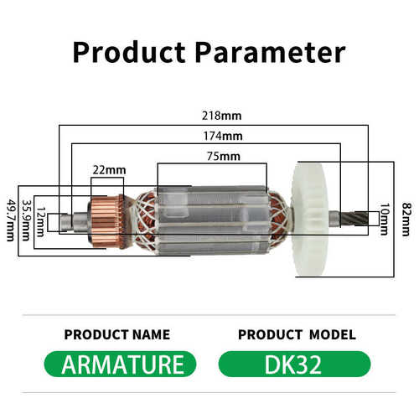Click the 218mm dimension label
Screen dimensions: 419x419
pyautogui.click(x=222, y=116)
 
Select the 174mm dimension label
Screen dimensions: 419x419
pyautogui.click(x=223, y=136)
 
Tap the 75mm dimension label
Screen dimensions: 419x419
pyautogui.click(x=224, y=156)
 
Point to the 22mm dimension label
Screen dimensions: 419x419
pyautogui.click(x=109, y=170)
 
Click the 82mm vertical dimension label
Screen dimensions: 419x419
pyautogui.click(x=406, y=220)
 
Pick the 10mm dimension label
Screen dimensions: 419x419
pyautogui.click(x=385, y=220)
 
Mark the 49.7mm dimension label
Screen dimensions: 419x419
pyautogui.click(x=11, y=220)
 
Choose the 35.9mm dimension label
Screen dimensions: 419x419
pyautogui.click(x=27, y=220)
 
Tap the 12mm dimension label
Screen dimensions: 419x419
pyautogui.click(x=41, y=221)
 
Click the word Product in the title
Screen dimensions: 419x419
pyautogui.click(x=129, y=52)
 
